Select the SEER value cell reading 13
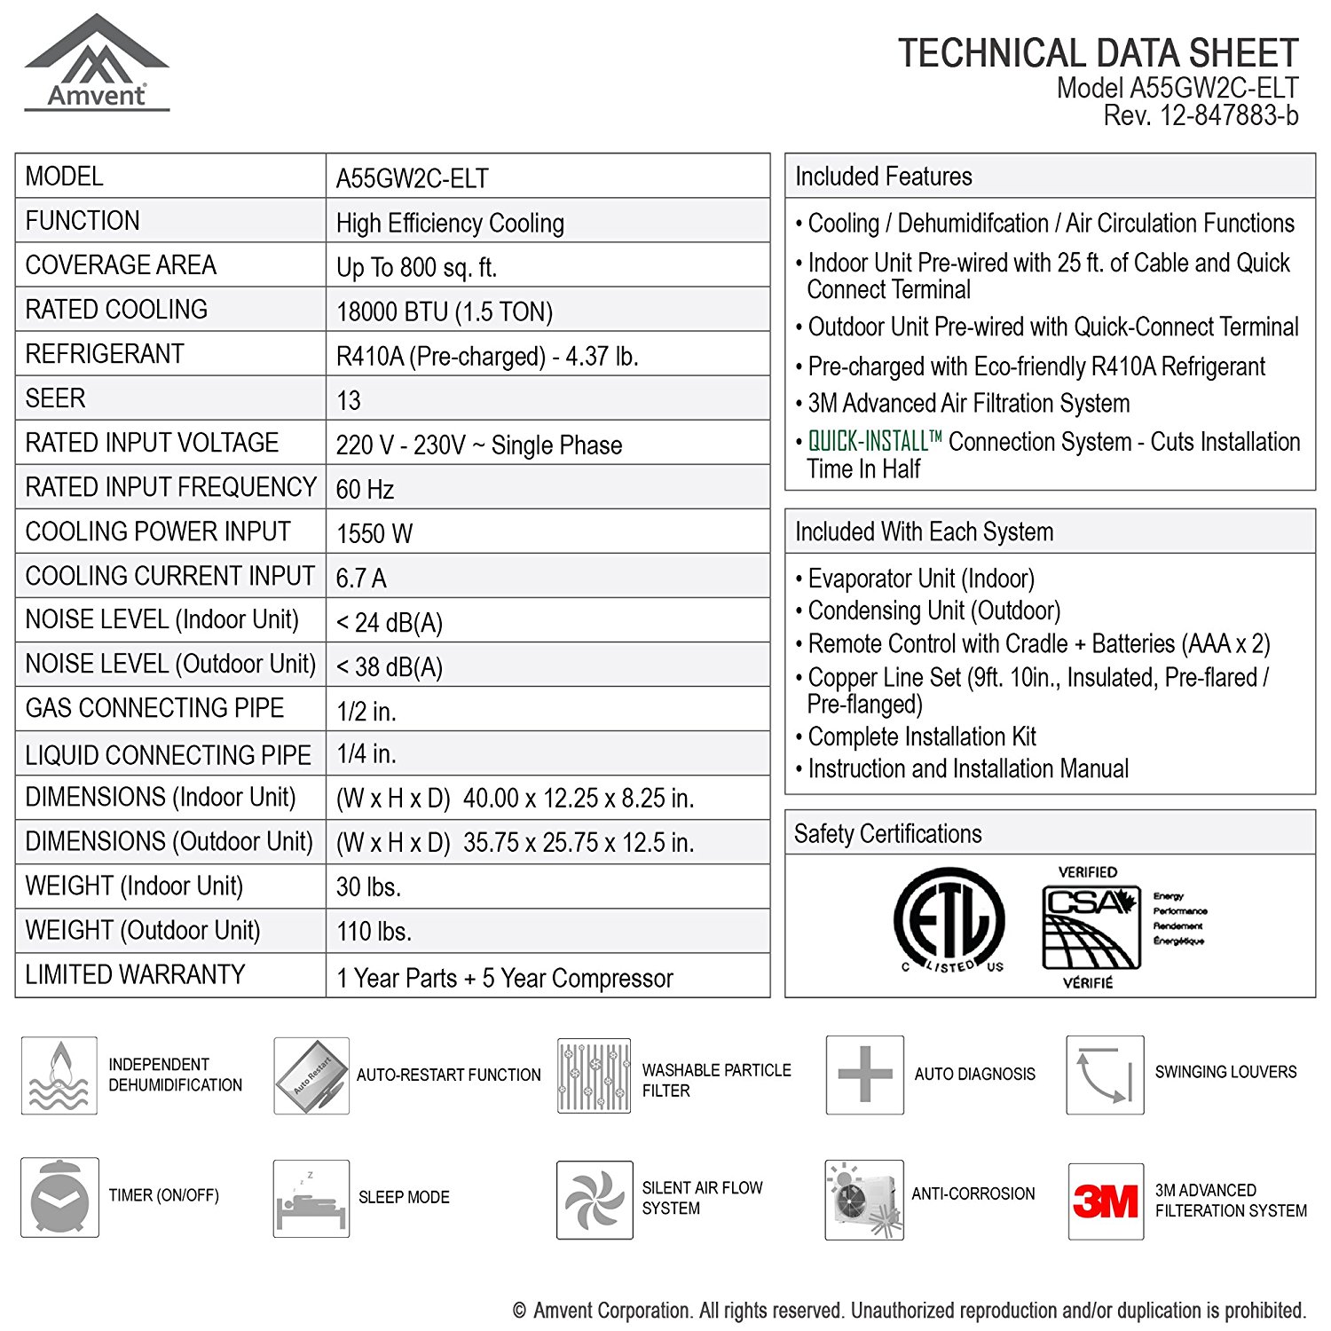click(349, 400)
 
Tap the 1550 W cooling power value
click(374, 533)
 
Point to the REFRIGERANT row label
click(105, 354)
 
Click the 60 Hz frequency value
click(365, 489)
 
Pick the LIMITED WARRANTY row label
click(135, 974)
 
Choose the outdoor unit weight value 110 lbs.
click(374, 931)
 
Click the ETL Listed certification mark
click(949, 922)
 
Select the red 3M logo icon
click(1106, 1201)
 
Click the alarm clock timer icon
click(59, 1197)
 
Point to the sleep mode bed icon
click(311, 1199)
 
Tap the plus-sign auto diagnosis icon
click(864, 1075)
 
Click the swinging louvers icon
click(1105, 1075)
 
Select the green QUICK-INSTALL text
click(875, 441)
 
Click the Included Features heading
click(884, 177)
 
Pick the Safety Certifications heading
click(888, 834)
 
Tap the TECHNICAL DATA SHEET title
click(1098, 53)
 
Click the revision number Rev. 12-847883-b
click(1201, 115)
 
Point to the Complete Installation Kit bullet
click(922, 736)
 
